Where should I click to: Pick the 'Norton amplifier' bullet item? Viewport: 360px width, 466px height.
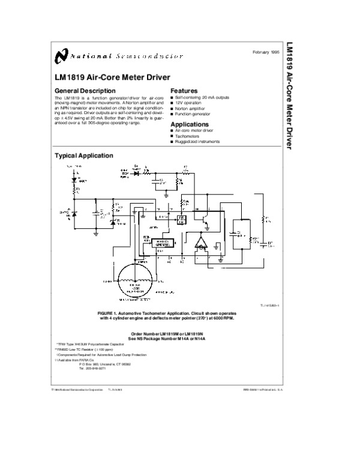[191, 108]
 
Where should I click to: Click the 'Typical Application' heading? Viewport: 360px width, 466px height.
[83, 156]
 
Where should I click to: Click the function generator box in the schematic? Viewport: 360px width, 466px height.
[161, 243]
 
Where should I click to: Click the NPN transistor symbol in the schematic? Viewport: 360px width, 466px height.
[206, 219]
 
